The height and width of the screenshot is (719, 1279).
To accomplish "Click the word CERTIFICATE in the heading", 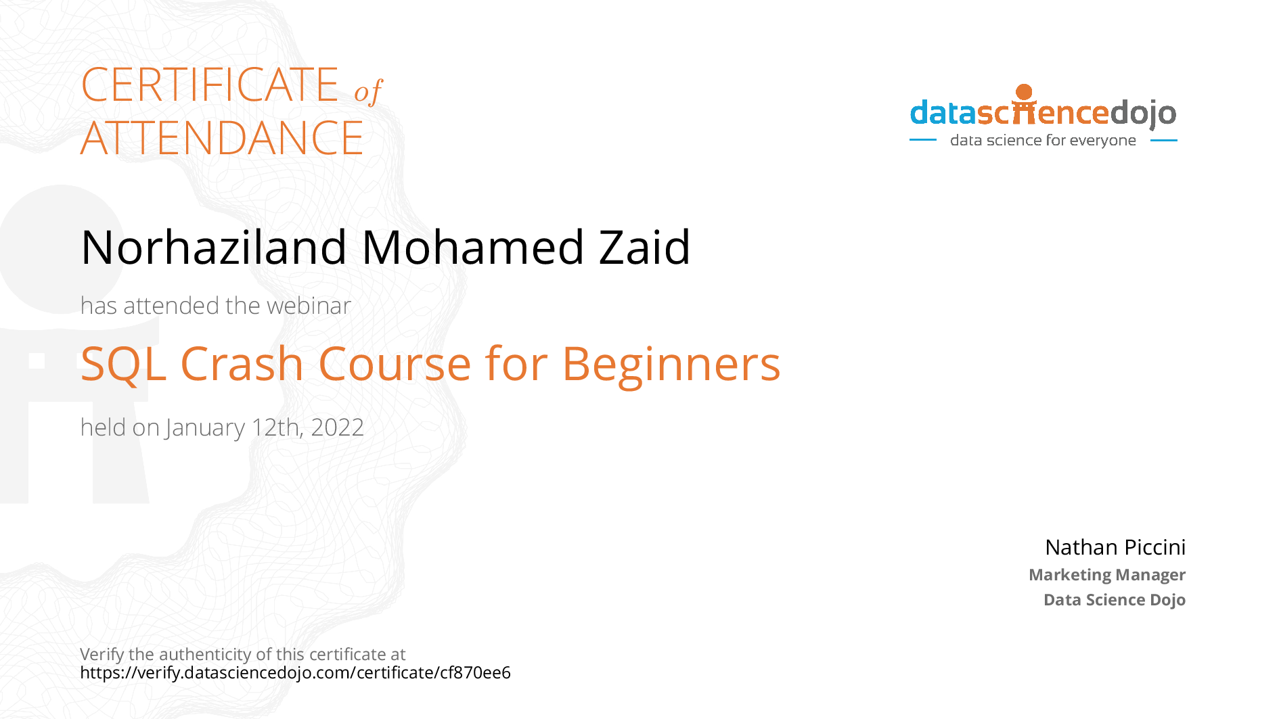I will click(x=210, y=86).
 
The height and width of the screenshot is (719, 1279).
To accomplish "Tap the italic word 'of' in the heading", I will click(x=368, y=92).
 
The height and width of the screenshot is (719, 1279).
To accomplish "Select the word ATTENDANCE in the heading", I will click(x=222, y=139).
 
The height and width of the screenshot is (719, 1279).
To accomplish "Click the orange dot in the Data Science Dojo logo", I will click(x=1024, y=92).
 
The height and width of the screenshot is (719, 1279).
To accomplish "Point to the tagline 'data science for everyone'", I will click(x=1043, y=141).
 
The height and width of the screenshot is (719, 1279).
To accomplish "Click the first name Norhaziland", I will click(x=214, y=248).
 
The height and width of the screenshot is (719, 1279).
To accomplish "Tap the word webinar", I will click(x=309, y=306).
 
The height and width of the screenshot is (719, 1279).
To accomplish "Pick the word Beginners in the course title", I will click(x=671, y=365).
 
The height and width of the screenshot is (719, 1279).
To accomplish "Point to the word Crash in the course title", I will click(x=242, y=365).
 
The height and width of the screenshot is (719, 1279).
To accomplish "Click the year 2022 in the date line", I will click(x=337, y=427).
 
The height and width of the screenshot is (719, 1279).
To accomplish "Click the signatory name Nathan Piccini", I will click(x=1115, y=547).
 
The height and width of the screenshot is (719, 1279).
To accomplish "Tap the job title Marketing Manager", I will click(x=1106, y=575).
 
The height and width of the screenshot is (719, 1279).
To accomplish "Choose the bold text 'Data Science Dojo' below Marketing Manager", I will click(x=1114, y=600).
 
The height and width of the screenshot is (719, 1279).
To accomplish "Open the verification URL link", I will click(x=295, y=673).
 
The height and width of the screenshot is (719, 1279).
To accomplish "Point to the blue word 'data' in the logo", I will click(x=943, y=113).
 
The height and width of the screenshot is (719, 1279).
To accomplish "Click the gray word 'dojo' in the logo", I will click(x=1143, y=113).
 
